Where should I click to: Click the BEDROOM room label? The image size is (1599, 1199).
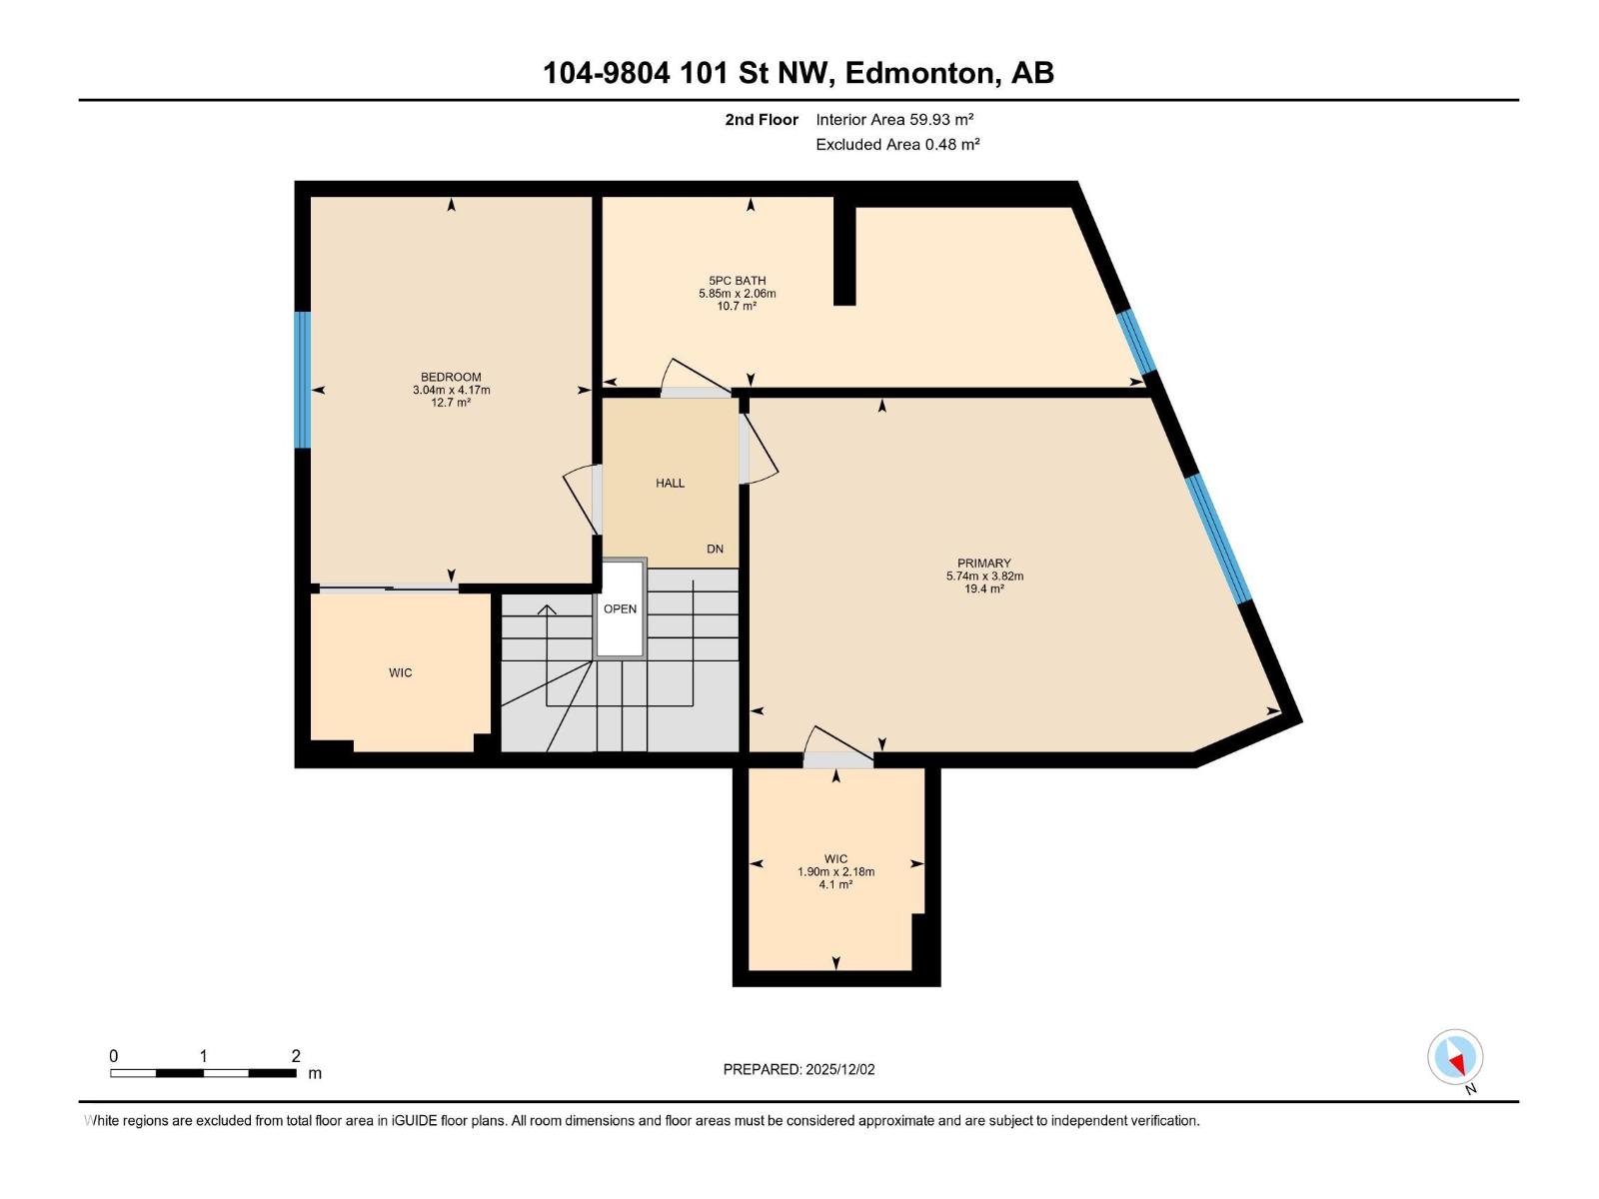(x=451, y=378)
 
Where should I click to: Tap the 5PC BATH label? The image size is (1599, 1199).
(x=737, y=281)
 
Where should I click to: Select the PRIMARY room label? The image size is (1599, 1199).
(x=983, y=564)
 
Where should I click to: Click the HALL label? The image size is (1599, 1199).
(x=670, y=484)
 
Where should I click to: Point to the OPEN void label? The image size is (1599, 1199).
(x=620, y=609)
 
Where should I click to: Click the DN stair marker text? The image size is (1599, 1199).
(x=715, y=550)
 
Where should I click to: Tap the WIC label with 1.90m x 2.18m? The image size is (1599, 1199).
(x=835, y=859)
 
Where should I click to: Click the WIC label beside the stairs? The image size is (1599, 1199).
(x=400, y=673)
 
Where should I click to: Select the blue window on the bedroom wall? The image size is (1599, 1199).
(x=302, y=380)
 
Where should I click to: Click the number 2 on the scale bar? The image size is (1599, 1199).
(x=296, y=1056)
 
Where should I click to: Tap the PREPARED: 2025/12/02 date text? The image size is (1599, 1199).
(x=799, y=1069)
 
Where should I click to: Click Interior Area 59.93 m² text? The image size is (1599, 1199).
(x=894, y=120)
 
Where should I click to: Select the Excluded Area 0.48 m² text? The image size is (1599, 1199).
(x=897, y=145)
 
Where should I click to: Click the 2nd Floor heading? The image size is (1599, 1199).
(x=762, y=120)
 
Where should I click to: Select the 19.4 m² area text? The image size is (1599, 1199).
(x=983, y=590)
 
